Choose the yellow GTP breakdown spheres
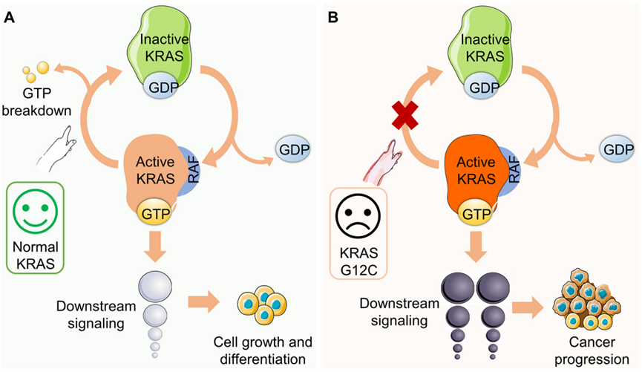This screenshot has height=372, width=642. tap(37, 71)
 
